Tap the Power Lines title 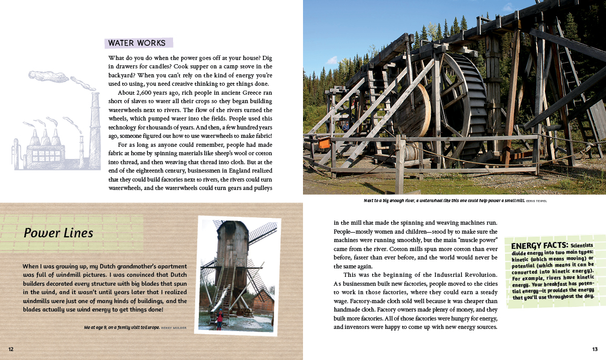[58, 233]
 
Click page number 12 [11, 349]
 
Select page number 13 [595, 349]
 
